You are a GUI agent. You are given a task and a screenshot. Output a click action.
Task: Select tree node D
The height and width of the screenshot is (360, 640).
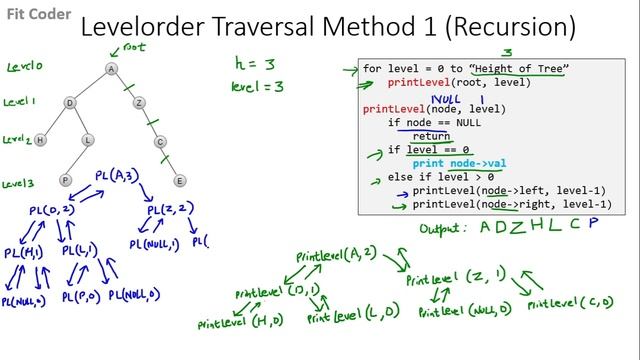point(70,103)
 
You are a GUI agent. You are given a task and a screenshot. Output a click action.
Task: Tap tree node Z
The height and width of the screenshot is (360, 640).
point(139,103)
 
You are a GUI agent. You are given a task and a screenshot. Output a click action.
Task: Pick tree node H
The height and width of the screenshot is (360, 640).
point(41,140)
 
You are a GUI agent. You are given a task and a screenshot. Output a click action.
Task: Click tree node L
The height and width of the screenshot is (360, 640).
point(88,140)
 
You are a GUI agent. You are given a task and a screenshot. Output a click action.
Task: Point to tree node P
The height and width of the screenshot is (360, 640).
point(65,180)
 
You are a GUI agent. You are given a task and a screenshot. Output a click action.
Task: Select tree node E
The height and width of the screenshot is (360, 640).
point(180,181)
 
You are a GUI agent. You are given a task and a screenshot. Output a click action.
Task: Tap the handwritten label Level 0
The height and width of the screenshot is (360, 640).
point(24,67)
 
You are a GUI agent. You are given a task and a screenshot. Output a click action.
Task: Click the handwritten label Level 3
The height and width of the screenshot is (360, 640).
point(21,184)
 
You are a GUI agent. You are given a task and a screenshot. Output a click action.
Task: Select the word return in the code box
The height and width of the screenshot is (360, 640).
point(431,136)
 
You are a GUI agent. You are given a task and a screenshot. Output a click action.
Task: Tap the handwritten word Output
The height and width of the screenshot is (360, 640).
point(442,229)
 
